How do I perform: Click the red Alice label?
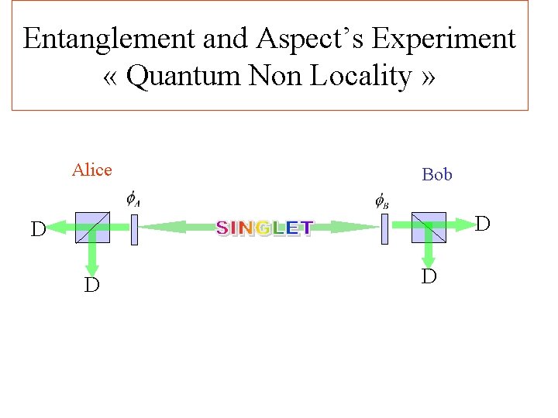tap(92, 170)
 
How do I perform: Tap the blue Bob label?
tap(437, 174)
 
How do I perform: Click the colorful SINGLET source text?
tap(264, 228)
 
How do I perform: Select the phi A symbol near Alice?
tap(133, 200)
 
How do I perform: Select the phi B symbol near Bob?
tap(382, 201)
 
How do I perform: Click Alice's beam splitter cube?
tap(93, 228)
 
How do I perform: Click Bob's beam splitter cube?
tap(429, 227)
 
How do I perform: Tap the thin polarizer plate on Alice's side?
tap(134, 229)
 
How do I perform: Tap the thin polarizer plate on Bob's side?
tap(384, 229)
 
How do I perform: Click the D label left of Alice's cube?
tap(37, 230)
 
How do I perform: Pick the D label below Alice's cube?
tap(91, 286)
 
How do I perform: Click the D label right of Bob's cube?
tap(482, 224)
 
